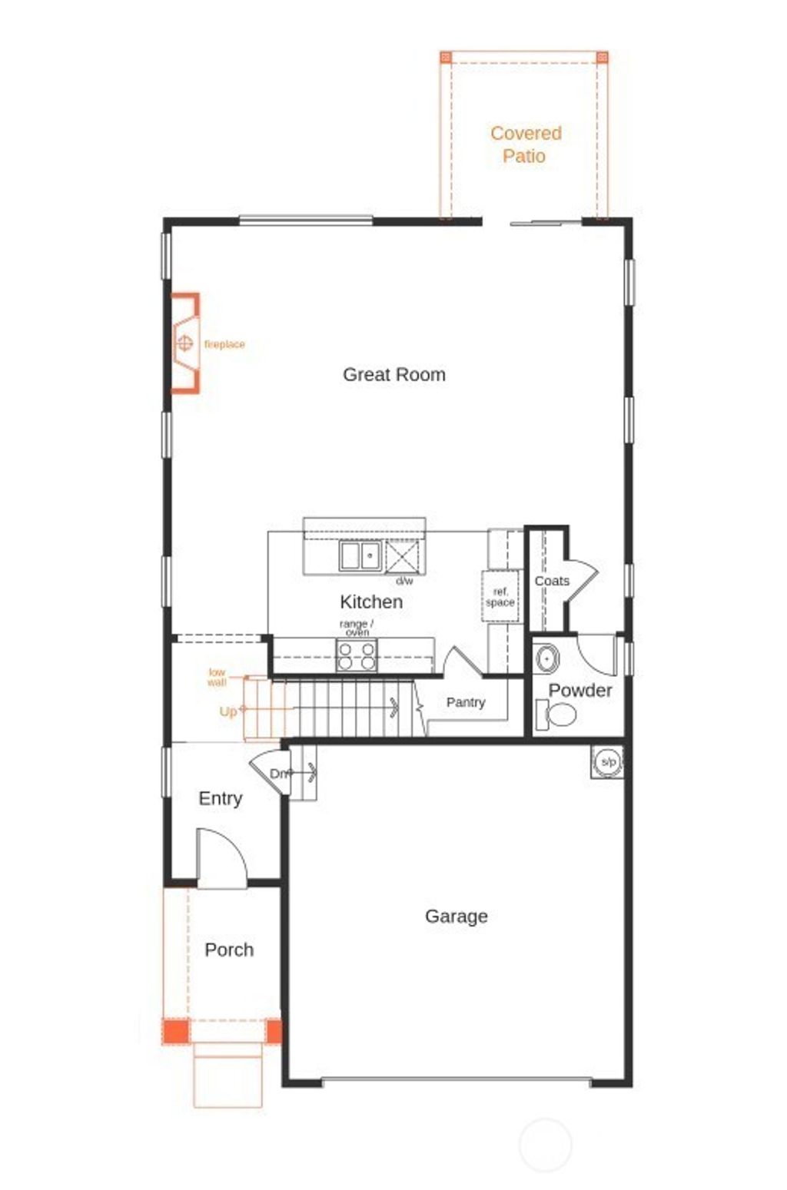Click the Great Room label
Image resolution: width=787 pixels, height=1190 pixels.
tap(393, 375)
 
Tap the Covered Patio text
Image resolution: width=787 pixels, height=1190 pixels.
tap(526, 144)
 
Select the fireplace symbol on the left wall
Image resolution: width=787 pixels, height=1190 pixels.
tap(184, 343)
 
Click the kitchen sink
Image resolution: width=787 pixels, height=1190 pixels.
tap(360, 555)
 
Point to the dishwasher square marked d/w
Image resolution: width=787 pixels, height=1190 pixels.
tap(403, 556)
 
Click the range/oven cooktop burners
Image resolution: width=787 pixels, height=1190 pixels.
tap(357, 655)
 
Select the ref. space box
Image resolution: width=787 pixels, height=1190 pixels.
tap(500, 597)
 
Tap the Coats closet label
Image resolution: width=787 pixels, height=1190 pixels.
tap(552, 581)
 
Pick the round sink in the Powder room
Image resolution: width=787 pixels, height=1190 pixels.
tap(546, 659)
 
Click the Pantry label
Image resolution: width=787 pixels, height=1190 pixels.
tap(466, 702)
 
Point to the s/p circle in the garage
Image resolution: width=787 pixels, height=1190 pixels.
tap(608, 761)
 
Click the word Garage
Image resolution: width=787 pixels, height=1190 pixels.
tap(457, 916)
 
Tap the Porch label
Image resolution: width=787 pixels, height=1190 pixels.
tap(229, 950)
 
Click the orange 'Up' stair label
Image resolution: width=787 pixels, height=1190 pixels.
tap(228, 711)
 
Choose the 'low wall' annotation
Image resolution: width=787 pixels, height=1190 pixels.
tap(217, 677)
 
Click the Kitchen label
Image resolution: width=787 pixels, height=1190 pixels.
tap(371, 602)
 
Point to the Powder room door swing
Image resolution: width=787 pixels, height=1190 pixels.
tap(597, 653)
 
